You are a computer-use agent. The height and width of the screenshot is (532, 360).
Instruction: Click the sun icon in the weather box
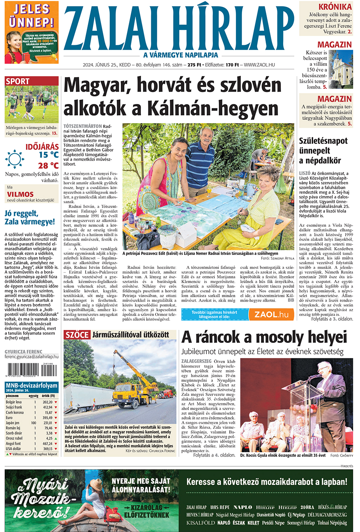[14, 159]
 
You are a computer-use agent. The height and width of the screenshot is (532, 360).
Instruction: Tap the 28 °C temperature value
[48, 165]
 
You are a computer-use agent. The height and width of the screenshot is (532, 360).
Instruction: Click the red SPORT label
[18, 82]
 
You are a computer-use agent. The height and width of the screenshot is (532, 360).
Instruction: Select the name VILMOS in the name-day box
[20, 194]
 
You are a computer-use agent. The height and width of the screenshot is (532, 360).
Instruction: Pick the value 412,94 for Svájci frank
[47, 407]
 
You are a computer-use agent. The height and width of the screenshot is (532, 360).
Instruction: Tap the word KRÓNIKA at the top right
[335, 7]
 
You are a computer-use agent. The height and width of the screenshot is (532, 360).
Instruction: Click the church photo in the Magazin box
[340, 69]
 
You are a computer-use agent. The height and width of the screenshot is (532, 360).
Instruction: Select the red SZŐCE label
[77, 335]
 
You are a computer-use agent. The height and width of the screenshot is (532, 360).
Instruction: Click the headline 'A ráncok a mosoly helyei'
[264, 337]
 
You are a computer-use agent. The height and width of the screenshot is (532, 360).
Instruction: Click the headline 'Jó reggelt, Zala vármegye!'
[30, 218]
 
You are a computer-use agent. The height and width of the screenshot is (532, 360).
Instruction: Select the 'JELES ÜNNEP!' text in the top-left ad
[31, 15]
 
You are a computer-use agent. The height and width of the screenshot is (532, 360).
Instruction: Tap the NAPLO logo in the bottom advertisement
[242, 507]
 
